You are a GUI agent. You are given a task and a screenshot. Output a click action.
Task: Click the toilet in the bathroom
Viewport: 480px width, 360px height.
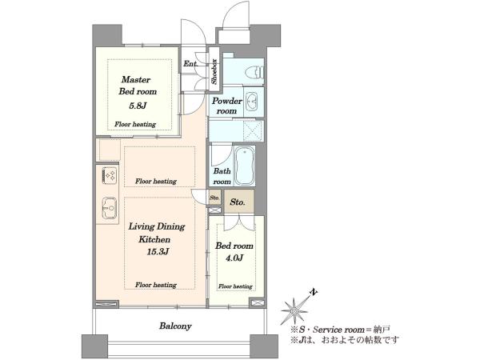pyautogui.click(x=254, y=73)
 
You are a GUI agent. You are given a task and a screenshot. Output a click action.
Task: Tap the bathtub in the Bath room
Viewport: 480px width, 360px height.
pyautogui.click(x=244, y=166)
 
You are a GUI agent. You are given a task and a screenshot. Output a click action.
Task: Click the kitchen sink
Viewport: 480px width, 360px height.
pyautogui.click(x=110, y=208)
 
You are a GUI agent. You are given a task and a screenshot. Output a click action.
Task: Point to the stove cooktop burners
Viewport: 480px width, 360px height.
pyautogui.click(x=110, y=176)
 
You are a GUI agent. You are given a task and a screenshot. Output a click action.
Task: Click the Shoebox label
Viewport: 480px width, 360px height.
pyautogui.click(x=214, y=71)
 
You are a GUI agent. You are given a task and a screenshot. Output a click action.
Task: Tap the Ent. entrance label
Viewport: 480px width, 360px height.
pyautogui.click(x=190, y=64)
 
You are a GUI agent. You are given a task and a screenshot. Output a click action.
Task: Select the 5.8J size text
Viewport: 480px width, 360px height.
pyautogui.click(x=138, y=106)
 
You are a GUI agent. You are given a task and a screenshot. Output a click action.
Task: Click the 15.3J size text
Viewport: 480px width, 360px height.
pyautogui.click(x=158, y=252)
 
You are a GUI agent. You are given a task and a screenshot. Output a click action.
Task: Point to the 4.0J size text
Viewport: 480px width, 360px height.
pyautogui.click(x=234, y=258)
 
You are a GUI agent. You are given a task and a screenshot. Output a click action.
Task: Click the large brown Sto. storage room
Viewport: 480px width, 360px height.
pyautogui.click(x=239, y=201)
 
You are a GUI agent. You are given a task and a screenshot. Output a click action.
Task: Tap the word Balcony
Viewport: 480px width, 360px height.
pyautogui.click(x=175, y=326)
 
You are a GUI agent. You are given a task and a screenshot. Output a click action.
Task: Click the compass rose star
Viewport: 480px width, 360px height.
pyautogui.click(x=294, y=310)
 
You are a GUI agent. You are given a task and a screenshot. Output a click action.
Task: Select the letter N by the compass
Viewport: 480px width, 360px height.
pyautogui.click(x=313, y=292)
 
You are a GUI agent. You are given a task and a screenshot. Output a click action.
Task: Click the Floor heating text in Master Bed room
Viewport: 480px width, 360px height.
pyautogui.click(x=135, y=124)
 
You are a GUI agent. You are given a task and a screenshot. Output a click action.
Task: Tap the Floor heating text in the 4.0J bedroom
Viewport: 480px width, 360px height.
pyautogui.click(x=235, y=286)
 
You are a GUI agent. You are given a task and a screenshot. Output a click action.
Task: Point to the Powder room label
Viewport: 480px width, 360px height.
pyautogui.click(x=227, y=106)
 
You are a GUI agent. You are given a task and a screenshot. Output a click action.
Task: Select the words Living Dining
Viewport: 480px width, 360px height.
pyautogui.click(x=157, y=227)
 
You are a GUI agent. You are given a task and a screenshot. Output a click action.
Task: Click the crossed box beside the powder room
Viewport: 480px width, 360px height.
pyautogui.click(x=253, y=131)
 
